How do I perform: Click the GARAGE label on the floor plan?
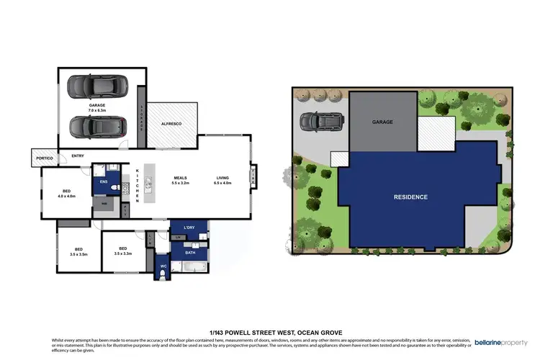[97, 105]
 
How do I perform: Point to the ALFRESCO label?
[170, 125]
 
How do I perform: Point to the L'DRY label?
[189, 228]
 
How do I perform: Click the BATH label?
[189, 253]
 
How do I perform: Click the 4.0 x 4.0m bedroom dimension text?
[66, 196]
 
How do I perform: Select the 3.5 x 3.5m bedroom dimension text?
[78, 255]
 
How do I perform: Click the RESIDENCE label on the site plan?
[410, 197]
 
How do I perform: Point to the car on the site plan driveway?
[318, 123]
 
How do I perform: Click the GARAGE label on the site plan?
[382, 122]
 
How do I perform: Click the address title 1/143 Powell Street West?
[269, 332]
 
